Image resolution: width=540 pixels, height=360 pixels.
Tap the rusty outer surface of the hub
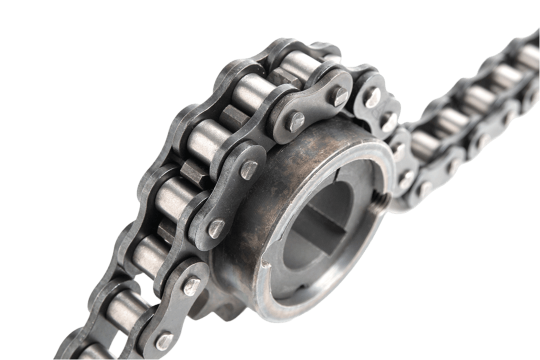(280, 165)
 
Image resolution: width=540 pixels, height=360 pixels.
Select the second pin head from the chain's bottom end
(191, 286)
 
